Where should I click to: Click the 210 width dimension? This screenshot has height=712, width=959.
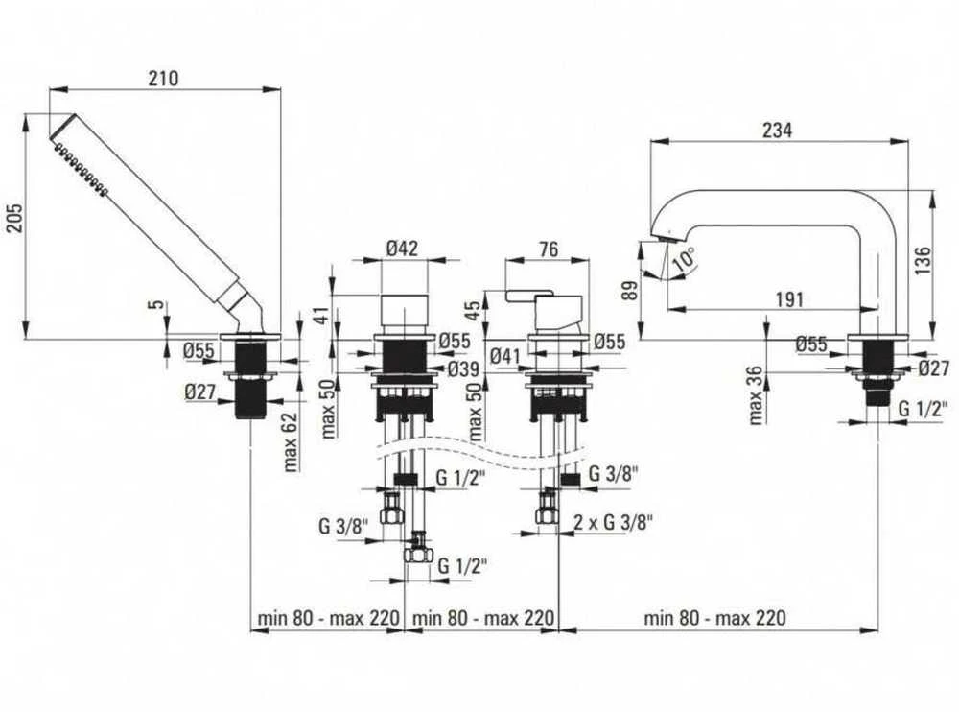coord(163,79)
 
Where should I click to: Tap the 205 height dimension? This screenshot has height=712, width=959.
coord(14,217)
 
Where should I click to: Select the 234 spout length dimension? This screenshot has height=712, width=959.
coord(777,130)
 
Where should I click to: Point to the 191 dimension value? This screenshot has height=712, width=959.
coord(789,299)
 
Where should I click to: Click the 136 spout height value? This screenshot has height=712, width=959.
coord(923,260)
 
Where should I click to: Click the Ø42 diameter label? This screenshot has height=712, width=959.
coord(403,249)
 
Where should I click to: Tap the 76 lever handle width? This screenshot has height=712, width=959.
coord(549,249)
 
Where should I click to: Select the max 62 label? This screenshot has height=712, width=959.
coord(291,441)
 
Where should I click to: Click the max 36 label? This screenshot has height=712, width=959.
coord(756,395)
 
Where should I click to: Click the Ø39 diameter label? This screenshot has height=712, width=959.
coord(463,369)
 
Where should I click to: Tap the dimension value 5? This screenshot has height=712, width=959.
coord(159,304)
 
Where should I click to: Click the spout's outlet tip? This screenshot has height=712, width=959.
coord(661,236)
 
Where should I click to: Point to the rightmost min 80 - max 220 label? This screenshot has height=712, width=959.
coord(714,617)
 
